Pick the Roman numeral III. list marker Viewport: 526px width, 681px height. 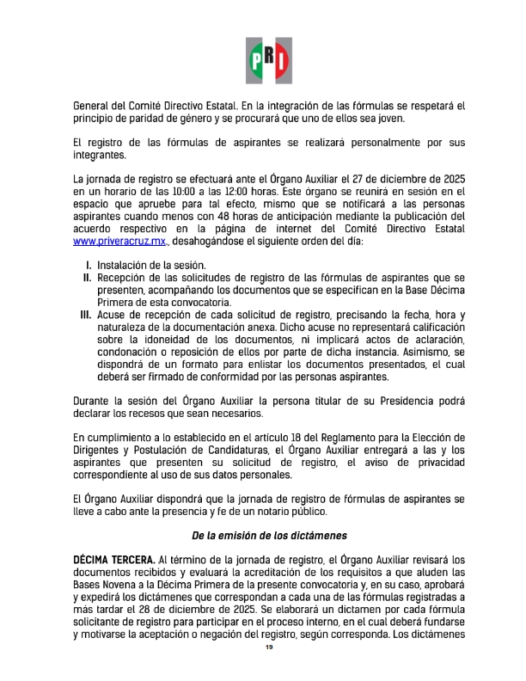tap(85, 316)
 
